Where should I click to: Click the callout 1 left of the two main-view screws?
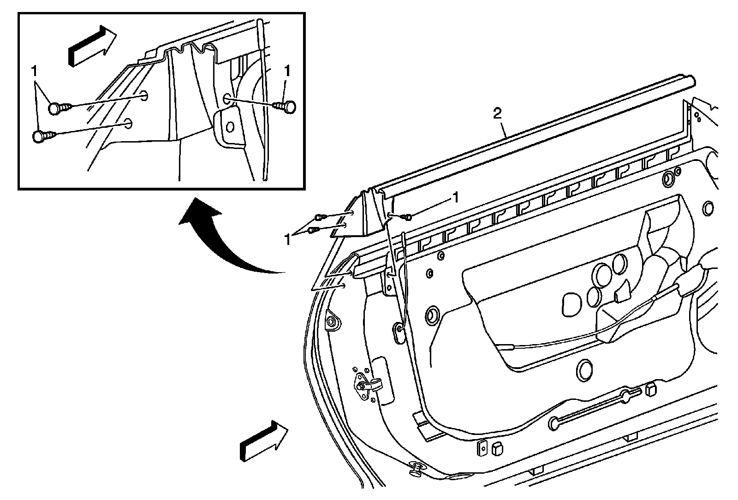288,240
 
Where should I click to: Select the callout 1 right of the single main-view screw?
455,197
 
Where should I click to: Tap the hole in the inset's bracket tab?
230,126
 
